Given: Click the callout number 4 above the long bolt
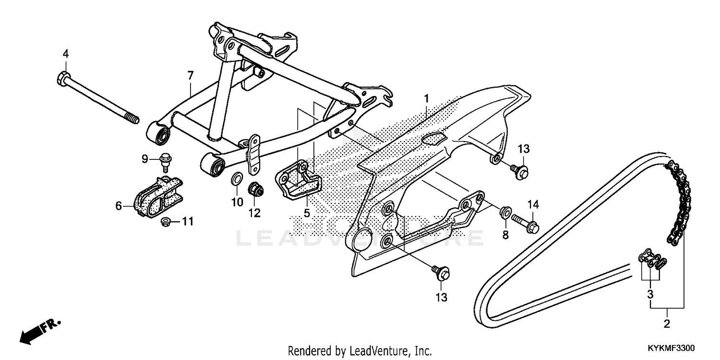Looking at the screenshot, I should pyautogui.click(x=66, y=54).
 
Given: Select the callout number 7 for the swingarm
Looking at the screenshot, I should pyautogui.click(x=191, y=75).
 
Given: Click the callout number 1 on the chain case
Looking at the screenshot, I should pyautogui.click(x=426, y=99).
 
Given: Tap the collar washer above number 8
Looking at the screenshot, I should pyautogui.click(x=504, y=212).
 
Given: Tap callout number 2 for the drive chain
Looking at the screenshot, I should pyautogui.click(x=666, y=324).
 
